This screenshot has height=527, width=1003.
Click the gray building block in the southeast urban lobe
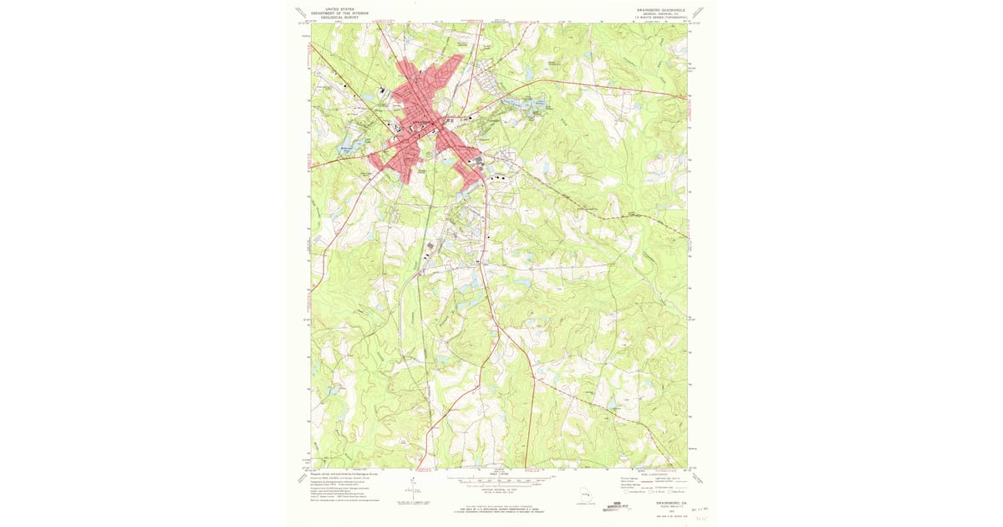point(478,161)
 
